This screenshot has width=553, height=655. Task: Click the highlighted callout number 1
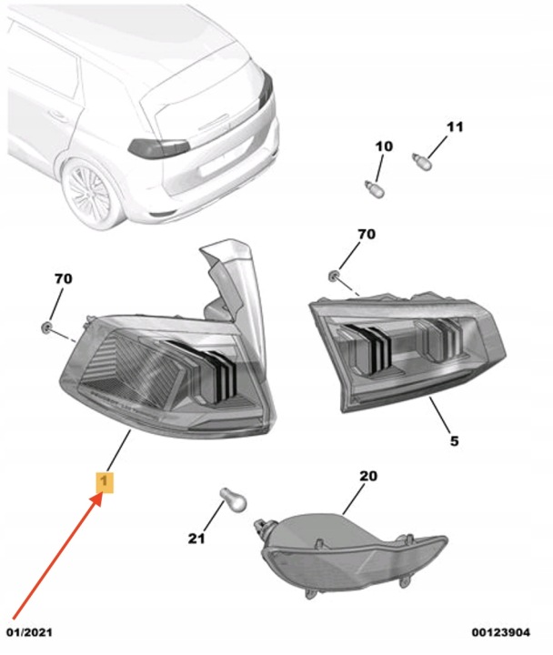tap(105, 482)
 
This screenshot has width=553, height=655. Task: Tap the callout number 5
tap(455, 440)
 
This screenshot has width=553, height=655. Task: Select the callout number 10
tap(384, 146)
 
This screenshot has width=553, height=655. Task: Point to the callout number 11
tap(455, 126)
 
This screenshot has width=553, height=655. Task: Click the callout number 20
tap(368, 476)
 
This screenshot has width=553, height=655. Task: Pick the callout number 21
tap(196, 539)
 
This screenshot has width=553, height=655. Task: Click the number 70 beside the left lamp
tap(64, 278)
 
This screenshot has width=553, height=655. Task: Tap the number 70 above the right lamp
tap(367, 234)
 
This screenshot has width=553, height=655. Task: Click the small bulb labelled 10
tap(375, 189)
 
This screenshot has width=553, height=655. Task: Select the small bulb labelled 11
tap(421, 161)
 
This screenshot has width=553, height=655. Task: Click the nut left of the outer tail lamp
tap(46, 327)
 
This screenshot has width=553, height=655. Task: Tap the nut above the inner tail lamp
tap(334, 276)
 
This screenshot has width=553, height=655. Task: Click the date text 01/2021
tap(29, 632)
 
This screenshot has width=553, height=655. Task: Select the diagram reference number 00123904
tap(501, 632)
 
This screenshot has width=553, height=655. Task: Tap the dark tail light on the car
tap(159, 148)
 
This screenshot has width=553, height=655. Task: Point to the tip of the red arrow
tap(102, 494)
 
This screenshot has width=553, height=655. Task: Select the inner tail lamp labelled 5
tap(407, 350)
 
